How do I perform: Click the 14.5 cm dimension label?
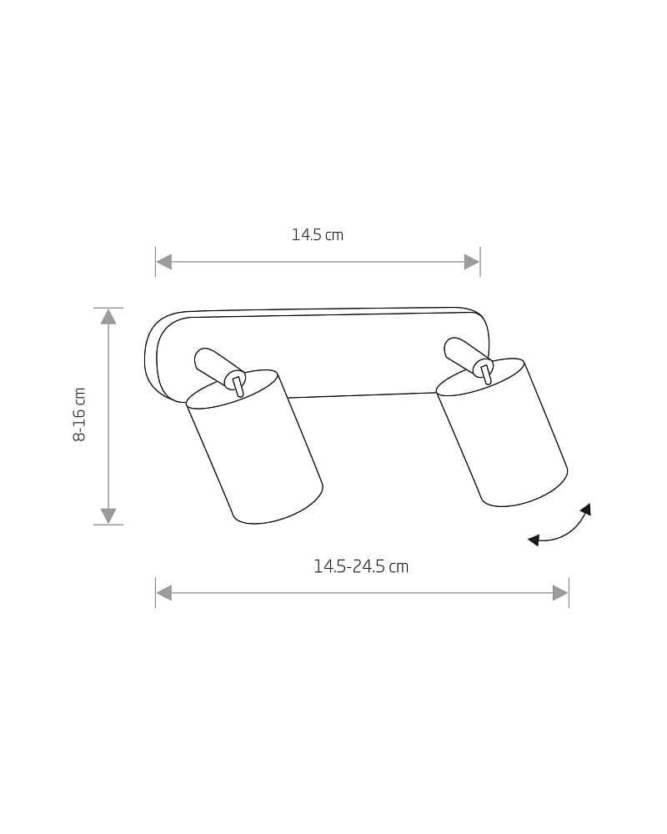(318, 234)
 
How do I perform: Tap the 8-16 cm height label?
(79, 414)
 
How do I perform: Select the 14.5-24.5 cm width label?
(361, 566)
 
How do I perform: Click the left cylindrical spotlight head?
(254, 447)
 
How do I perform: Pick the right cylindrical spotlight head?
(502, 432)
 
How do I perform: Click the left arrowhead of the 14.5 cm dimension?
(163, 262)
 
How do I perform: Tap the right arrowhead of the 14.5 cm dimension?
(472, 262)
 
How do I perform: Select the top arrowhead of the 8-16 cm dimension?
(108, 316)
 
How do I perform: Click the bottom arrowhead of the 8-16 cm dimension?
(108, 516)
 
